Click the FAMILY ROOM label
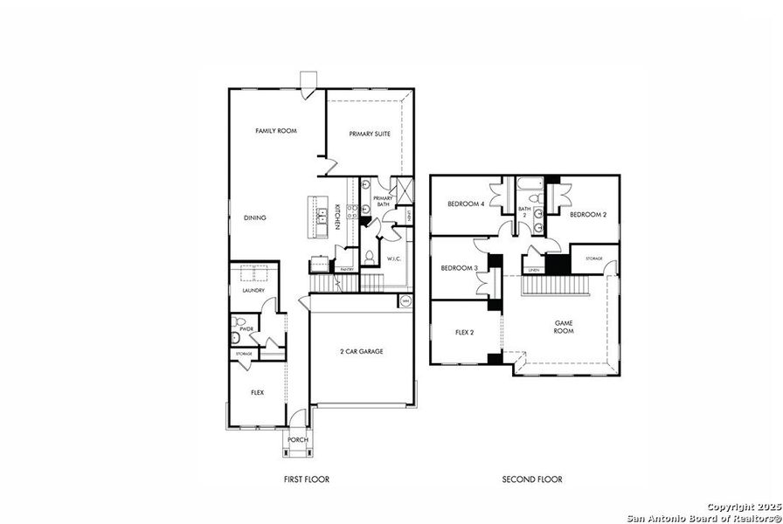coord(276,131)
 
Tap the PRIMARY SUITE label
coord(370,134)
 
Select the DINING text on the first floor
coord(255,217)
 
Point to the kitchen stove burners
coord(352,210)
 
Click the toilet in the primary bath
coord(369,258)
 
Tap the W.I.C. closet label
coord(394,258)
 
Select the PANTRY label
coord(346,270)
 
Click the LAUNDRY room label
coord(253,290)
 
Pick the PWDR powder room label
coord(246,329)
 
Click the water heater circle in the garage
coord(405,302)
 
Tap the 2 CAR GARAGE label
coord(362,351)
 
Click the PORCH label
coord(298,440)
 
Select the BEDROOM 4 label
coord(466,203)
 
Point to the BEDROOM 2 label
coord(588,214)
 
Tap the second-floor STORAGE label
coord(594,259)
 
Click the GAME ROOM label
coord(564,327)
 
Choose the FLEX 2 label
coord(465,332)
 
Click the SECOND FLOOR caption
coord(531,479)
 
